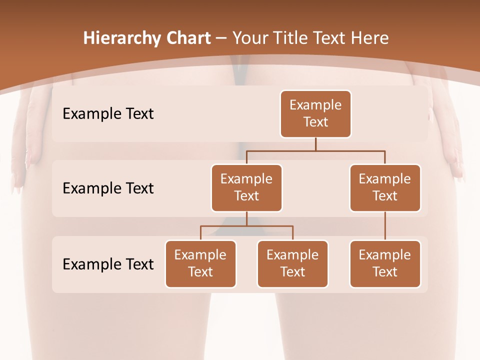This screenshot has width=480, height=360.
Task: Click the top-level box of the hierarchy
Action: [315, 114]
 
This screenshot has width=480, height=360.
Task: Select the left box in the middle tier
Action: [246, 188]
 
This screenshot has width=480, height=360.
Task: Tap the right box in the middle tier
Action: [385, 188]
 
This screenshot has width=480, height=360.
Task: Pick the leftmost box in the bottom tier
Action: [200, 264]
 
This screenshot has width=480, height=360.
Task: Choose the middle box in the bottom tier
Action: [292, 264]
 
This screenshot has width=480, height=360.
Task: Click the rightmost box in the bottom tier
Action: [385, 264]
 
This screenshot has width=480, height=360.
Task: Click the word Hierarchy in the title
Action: [122, 38]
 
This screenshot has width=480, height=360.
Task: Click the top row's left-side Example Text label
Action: [108, 114]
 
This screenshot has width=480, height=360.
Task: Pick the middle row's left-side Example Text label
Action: [108, 188]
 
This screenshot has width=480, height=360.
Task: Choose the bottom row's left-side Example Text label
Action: [108, 264]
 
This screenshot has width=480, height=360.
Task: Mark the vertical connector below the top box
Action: [315, 144]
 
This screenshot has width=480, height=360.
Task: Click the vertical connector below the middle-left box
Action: [246, 218]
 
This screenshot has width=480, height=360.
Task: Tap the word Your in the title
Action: [251, 38]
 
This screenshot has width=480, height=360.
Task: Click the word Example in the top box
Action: [315, 105]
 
